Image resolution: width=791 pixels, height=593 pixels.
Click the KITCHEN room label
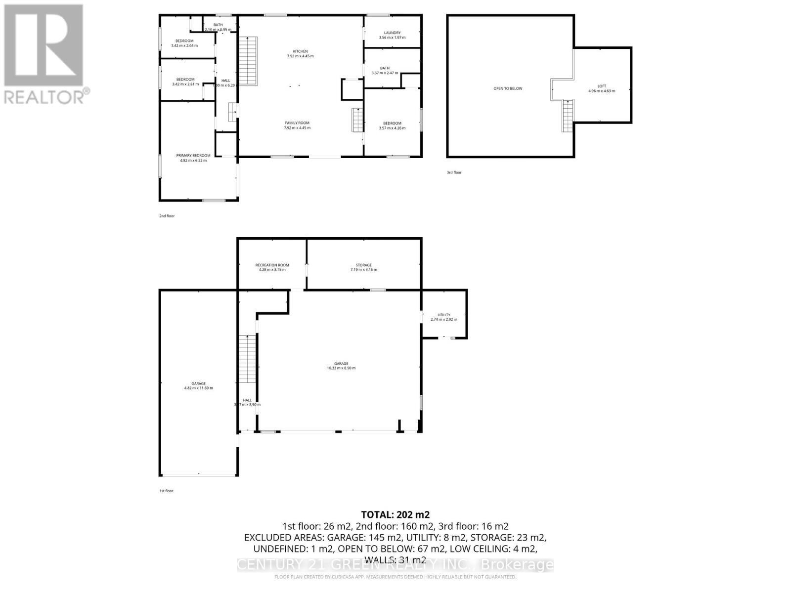tap(300, 51)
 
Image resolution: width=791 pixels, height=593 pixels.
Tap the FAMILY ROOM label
tap(297, 123)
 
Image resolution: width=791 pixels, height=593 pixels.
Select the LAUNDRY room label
tap(392, 33)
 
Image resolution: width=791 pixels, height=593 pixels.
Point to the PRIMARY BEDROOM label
tap(193, 156)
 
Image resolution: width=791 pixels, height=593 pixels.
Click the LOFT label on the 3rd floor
tap(601, 86)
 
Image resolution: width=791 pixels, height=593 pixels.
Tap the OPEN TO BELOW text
tap(508, 88)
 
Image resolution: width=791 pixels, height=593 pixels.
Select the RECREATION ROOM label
tap(272, 265)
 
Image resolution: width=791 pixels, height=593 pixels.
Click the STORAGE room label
tap(363, 265)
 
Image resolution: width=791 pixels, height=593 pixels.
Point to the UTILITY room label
tap(443, 315)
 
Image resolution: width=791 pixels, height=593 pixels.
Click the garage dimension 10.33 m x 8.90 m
tap(341, 368)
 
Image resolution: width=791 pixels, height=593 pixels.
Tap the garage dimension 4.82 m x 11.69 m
tap(198, 388)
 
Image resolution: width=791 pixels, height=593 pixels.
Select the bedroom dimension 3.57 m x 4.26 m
tap(392, 128)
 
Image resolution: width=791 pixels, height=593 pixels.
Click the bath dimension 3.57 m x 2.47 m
tap(384, 73)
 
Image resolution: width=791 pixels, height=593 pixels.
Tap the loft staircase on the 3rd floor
tap(568, 115)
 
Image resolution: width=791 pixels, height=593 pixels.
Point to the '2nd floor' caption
tap(167, 216)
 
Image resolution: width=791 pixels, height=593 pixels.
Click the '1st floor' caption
tap(166, 491)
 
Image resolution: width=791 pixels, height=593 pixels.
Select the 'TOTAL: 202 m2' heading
tap(395, 515)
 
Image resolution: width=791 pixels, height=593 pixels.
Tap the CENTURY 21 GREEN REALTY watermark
tap(395, 564)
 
